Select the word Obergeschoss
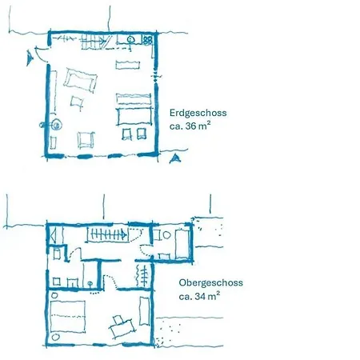(x=211, y=282)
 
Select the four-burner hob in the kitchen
(x=147, y=38)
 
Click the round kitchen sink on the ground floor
(x=129, y=38)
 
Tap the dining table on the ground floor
(x=134, y=116)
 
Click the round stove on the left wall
(x=56, y=124)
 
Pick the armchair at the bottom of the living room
(x=84, y=139)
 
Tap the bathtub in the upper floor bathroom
(x=181, y=242)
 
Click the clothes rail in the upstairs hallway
(x=144, y=277)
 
